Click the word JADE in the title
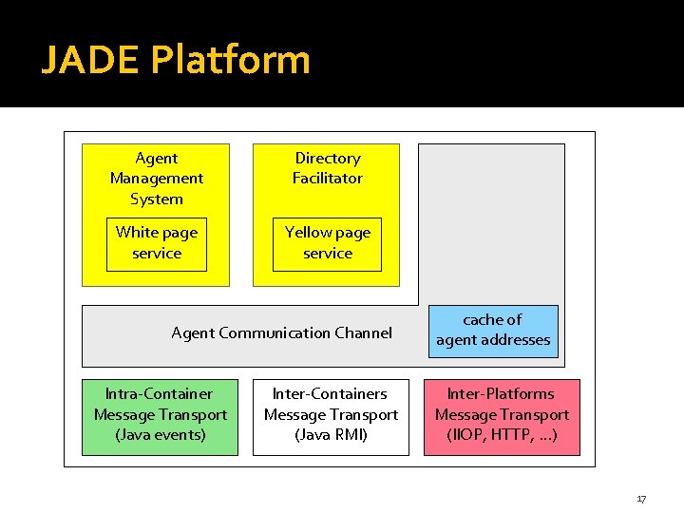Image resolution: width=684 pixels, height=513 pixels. coord(90,61)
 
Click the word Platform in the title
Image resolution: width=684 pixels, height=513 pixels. coord(231,61)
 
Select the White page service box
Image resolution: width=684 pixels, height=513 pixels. coord(157,243)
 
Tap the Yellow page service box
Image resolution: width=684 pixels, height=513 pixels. coord(328,243)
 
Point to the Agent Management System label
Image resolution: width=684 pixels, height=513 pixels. coord(157,179)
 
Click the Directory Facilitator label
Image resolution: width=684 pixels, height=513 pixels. coord(328,168)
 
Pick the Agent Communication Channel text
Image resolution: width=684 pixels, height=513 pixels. coord(281,332)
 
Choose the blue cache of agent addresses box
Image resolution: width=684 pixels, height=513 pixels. coord(493,331)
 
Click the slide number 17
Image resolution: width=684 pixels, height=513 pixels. coord(641,499)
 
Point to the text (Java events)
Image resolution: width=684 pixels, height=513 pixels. coord(161,435)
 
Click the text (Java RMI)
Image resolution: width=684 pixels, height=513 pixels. coord(331,435)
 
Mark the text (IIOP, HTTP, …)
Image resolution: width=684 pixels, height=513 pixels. coord(502,435)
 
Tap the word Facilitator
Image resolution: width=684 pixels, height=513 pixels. coord(328,179)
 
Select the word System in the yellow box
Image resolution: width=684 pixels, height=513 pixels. coord(157,199)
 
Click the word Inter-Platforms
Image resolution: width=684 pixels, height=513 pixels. coord(502,393)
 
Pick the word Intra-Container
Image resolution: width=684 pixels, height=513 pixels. coord(159,393)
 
